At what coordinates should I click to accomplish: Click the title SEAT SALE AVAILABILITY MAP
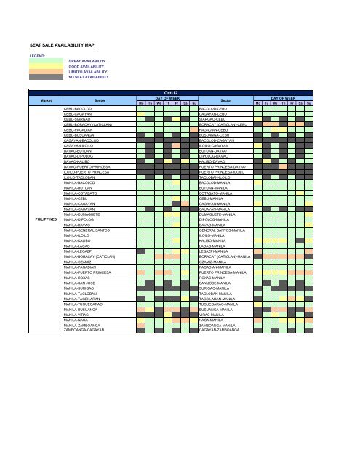coord(61,45)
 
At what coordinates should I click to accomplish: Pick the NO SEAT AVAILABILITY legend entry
coord(88,77)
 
